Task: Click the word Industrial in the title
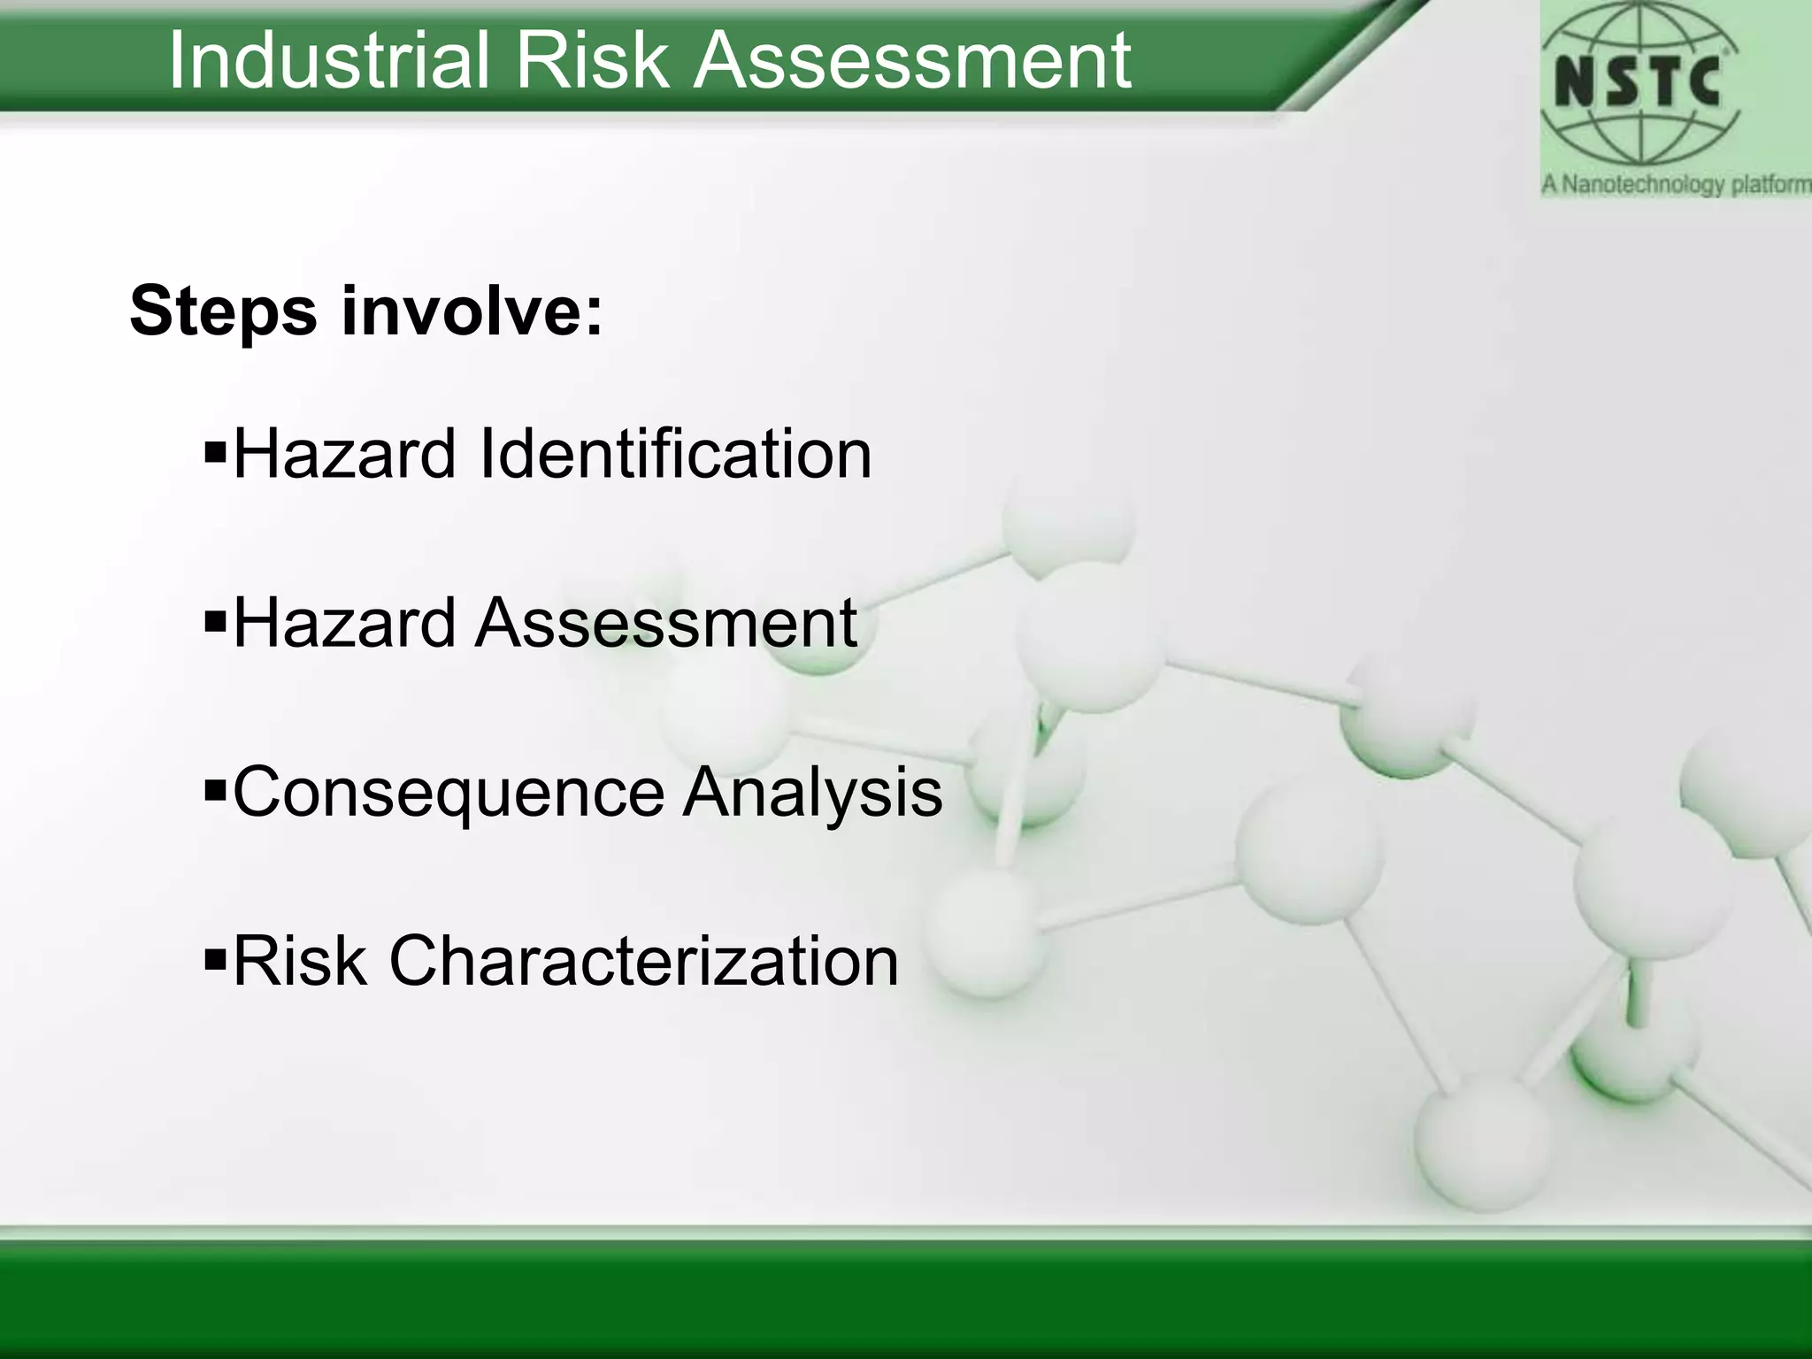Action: tap(327, 60)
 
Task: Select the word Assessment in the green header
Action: tap(911, 60)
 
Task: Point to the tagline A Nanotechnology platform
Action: tap(1675, 185)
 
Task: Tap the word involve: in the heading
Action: tap(473, 311)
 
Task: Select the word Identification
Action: tap(674, 454)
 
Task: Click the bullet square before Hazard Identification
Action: tap(215, 454)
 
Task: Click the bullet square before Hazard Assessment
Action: tap(215, 624)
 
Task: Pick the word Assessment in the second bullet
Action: tap(666, 623)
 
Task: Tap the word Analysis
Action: tap(812, 792)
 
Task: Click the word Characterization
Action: tap(643, 961)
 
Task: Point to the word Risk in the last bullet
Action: tap(299, 961)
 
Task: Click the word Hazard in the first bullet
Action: tap(344, 454)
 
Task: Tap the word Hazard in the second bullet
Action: tap(344, 623)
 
